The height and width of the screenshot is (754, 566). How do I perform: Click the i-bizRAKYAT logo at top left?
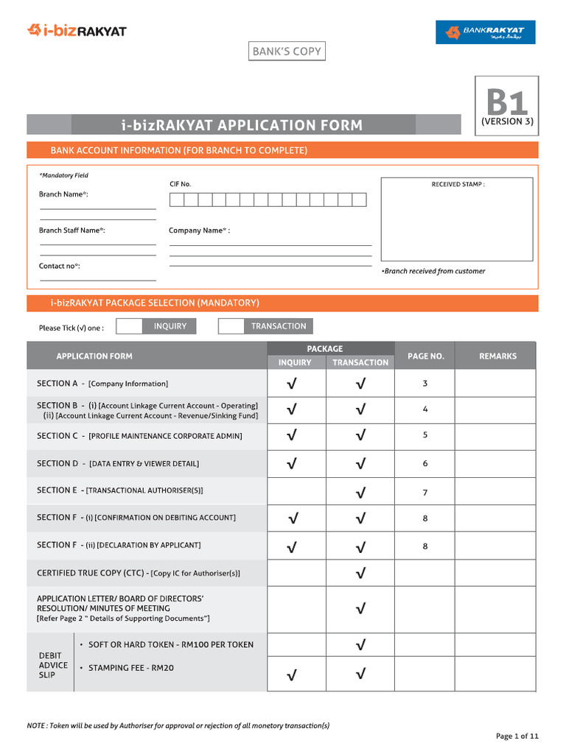[77, 30]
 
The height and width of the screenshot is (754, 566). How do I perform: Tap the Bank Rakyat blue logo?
[485, 32]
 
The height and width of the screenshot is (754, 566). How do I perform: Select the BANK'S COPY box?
[287, 52]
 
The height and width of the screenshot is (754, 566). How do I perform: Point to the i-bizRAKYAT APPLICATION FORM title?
[242, 125]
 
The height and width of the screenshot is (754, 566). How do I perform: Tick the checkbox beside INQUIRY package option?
[130, 326]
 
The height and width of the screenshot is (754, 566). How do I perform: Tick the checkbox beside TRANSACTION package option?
[231, 326]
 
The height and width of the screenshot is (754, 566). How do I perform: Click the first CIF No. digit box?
[176, 200]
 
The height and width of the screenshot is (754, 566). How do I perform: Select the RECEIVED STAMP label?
[458, 185]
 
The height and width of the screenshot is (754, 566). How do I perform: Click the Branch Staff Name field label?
[71, 230]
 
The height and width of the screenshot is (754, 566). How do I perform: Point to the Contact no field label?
[59, 266]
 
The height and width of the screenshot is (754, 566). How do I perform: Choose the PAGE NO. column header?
[425, 356]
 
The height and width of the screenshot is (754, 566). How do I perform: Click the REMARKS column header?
[497, 356]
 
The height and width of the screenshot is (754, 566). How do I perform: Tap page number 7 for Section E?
[425, 492]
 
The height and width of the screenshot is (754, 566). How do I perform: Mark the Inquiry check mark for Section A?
[293, 384]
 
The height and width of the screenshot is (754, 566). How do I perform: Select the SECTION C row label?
[139, 436]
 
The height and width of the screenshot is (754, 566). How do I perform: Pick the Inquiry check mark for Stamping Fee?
[293, 674]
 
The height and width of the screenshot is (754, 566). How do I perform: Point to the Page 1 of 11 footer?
[517, 736]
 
